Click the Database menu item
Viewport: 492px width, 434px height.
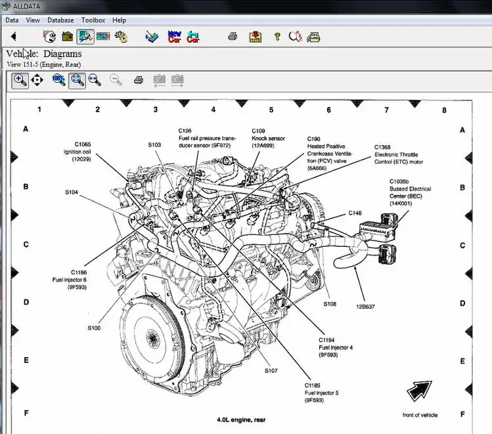tap(60, 20)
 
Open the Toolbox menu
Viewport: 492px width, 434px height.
tap(93, 20)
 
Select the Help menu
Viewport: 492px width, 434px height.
tap(119, 20)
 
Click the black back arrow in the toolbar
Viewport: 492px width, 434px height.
tap(13, 37)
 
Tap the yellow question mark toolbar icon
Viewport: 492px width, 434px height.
tap(277, 37)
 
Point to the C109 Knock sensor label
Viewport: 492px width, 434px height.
tap(268, 138)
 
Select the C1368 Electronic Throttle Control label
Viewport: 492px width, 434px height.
tap(399, 154)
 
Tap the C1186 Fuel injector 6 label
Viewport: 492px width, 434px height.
tap(69, 279)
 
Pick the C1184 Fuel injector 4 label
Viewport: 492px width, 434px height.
tap(336, 347)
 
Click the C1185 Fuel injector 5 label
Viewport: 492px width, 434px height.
tap(321, 392)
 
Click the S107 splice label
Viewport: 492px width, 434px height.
tap(271, 371)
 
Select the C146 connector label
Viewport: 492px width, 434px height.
tap(355, 213)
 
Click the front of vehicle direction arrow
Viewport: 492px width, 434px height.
tap(419, 391)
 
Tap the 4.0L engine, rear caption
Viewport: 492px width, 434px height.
tap(241, 419)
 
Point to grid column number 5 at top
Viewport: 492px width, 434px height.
tap(271, 110)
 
